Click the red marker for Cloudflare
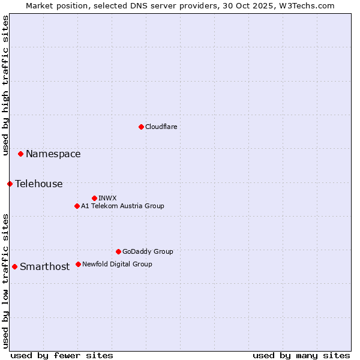141,127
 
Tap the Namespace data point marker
20,154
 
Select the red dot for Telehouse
10,184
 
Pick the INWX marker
94,198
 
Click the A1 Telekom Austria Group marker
77,206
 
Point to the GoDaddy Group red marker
118,251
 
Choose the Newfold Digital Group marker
78,264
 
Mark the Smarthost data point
14,266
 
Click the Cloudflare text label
161,127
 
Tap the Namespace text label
53,154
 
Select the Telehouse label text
39,184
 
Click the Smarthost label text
44,267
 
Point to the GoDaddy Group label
148,251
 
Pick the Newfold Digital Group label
117,264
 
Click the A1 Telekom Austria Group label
122,206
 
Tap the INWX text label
107,198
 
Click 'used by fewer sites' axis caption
62,355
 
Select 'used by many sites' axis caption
301,355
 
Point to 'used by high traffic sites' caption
5,86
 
